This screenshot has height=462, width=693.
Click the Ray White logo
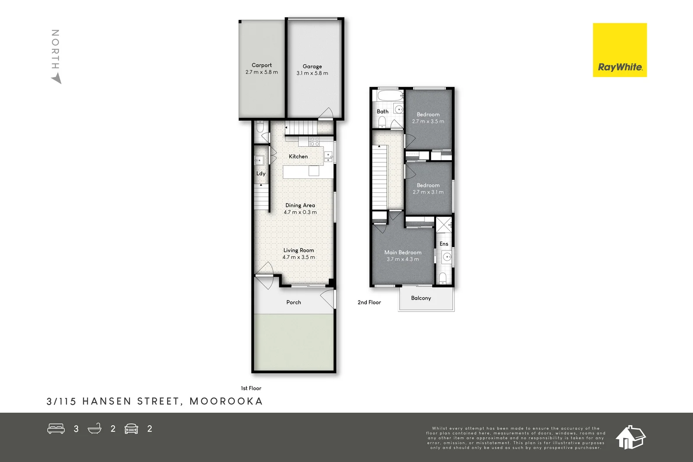(619, 50)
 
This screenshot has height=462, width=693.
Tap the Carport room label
(262, 65)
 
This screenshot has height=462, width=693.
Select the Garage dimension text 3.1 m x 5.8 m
(312, 73)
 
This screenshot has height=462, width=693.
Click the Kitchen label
(298, 156)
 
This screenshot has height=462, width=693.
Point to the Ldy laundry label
(261, 174)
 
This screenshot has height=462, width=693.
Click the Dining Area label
(300, 205)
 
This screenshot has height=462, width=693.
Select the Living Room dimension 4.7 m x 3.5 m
(299, 257)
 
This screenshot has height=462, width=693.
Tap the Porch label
(294, 302)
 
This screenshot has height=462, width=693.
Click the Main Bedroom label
(403, 252)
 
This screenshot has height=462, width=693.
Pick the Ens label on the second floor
(444, 244)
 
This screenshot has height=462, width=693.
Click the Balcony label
(421, 298)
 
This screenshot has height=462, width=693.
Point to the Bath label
(382, 111)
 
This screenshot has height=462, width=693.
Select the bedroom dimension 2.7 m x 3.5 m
(428, 121)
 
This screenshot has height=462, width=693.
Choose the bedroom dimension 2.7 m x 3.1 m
(428, 192)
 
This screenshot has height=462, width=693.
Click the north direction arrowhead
(57, 79)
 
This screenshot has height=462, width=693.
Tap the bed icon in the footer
(56, 429)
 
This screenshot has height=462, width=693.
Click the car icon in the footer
(131, 429)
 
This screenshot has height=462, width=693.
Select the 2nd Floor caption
(369, 302)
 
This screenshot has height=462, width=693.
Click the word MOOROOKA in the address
(226, 401)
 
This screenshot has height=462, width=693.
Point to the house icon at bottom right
(630, 437)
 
